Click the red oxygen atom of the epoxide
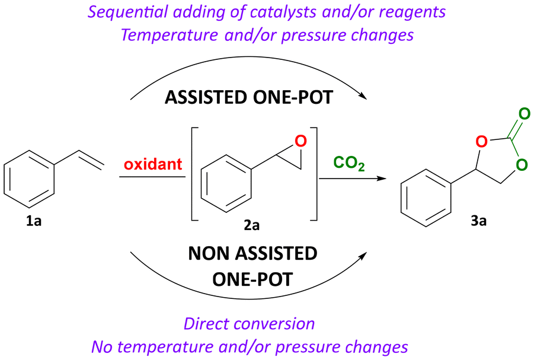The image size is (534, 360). pos(300,141)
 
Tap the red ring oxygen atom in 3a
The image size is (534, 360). pos(481,142)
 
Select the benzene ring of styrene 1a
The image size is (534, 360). pos(30,177)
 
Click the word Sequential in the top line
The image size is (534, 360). pos(152,11)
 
